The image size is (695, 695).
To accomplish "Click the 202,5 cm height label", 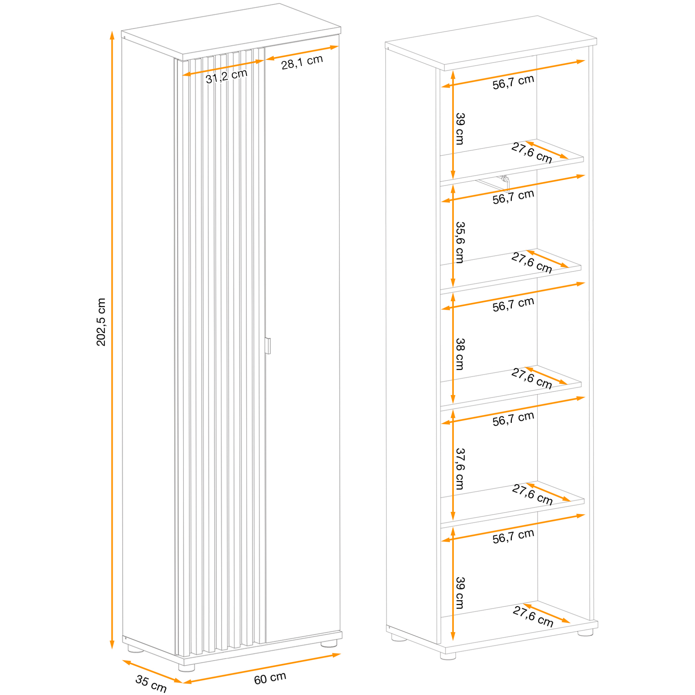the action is [101, 322].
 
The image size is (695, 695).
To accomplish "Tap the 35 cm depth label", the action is [151, 684].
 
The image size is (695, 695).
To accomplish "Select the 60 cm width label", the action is [270, 678].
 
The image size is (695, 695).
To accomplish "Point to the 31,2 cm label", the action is [227, 76].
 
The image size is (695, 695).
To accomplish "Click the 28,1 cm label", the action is [302, 62].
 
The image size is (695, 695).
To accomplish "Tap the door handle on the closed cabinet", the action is [267, 346].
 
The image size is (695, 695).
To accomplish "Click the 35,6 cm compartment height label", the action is [460, 243].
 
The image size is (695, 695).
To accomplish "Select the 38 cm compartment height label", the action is [460, 354].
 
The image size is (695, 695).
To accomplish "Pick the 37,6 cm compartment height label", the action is [460, 469].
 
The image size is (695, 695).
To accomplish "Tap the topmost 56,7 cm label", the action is [513, 82].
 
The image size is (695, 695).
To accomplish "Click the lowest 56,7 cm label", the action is [513, 536].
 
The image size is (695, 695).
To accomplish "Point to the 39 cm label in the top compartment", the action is [460, 129].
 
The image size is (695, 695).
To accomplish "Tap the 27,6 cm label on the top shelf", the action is [532, 153].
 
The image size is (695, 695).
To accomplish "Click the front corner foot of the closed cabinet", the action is [186, 667].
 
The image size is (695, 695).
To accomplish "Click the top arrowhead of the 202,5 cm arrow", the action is [112, 35].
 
